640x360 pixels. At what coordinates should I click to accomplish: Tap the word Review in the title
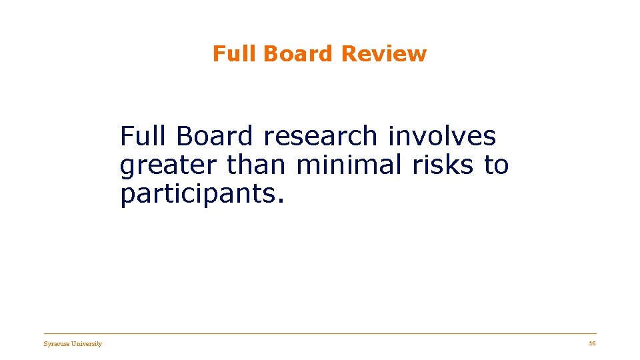click(383, 53)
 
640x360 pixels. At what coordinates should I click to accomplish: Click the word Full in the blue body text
click(144, 137)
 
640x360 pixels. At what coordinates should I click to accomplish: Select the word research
click(321, 137)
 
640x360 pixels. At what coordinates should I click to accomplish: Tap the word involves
click(442, 137)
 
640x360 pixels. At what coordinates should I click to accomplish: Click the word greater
click(169, 165)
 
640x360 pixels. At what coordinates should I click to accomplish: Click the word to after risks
click(496, 165)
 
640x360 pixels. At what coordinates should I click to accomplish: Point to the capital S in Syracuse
click(45, 344)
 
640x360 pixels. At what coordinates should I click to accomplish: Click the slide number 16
click(592, 343)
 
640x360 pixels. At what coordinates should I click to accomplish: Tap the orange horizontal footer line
click(320, 334)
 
